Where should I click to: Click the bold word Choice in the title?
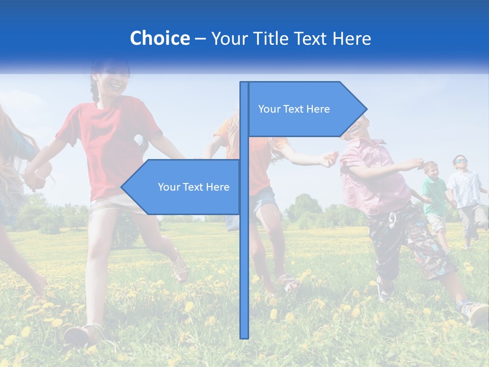pyautogui.click(x=159, y=38)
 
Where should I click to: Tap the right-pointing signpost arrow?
pyautogui.click(x=306, y=109)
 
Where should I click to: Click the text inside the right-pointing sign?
pyautogui.click(x=294, y=109)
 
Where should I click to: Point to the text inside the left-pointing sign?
pyautogui.click(x=194, y=187)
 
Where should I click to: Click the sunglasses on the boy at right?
pyautogui.click(x=460, y=161)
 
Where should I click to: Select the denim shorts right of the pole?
pyautogui.click(x=264, y=201)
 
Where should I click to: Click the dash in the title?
pyautogui.click(x=200, y=39)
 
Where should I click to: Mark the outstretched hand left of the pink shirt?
pyautogui.click(x=329, y=159)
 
